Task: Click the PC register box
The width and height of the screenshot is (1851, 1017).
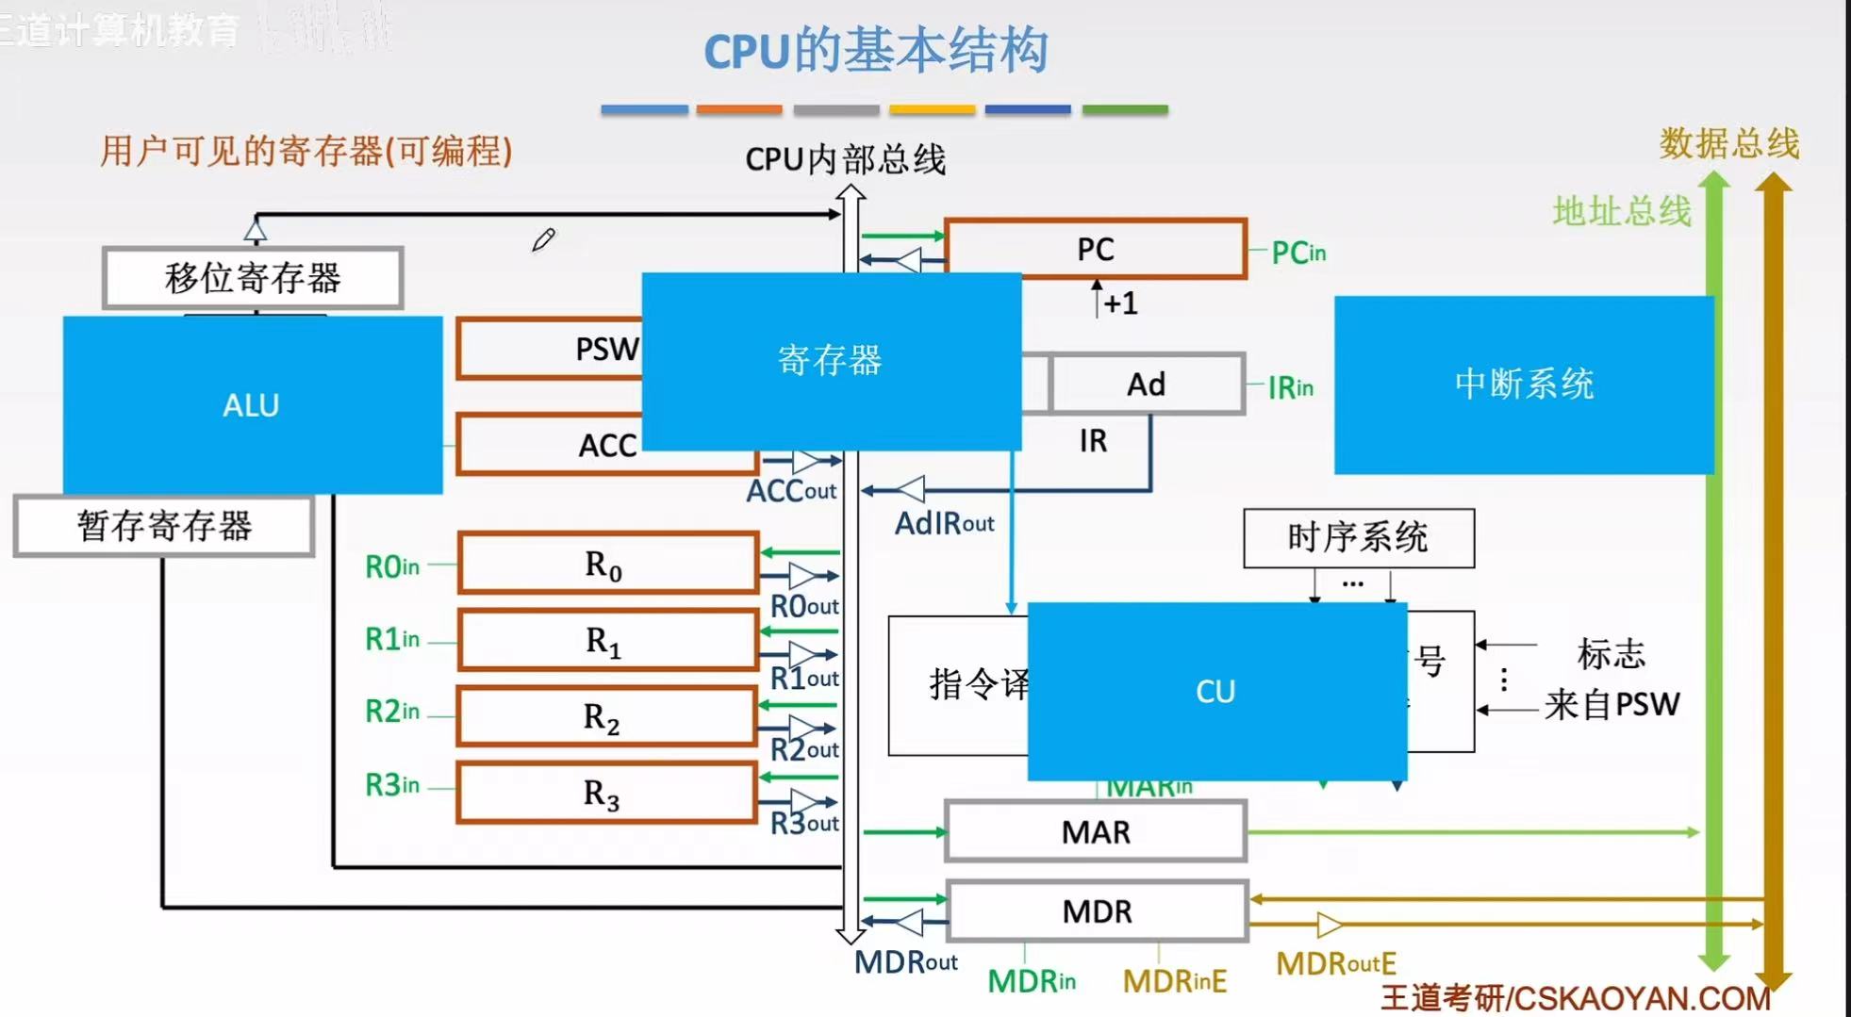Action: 1096,249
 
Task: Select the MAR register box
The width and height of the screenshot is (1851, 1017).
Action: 1096,832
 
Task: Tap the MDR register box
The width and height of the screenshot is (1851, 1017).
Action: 1097,911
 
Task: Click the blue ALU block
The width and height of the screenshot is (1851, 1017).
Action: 252,405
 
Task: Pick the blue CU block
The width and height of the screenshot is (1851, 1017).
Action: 1215,692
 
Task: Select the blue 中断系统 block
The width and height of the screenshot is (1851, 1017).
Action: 1523,385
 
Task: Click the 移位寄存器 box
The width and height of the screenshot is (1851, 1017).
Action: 253,278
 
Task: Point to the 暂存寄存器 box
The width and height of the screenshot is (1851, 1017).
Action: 164,526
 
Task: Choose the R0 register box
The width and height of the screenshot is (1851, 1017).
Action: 606,564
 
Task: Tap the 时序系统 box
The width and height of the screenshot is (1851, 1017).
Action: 1358,538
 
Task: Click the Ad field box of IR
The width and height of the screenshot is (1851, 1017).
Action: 1147,385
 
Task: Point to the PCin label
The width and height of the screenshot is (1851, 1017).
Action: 1298,253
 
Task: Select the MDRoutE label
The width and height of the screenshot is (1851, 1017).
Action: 1335,964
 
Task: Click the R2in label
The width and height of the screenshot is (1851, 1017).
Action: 392,712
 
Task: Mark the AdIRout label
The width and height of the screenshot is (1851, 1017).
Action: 944,523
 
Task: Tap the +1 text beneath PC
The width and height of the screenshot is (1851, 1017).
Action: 1120,303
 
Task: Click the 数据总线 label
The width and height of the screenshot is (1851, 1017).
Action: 1729,144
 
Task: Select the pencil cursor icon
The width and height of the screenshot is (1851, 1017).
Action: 543,240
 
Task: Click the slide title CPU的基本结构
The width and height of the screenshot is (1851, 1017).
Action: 876,51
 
